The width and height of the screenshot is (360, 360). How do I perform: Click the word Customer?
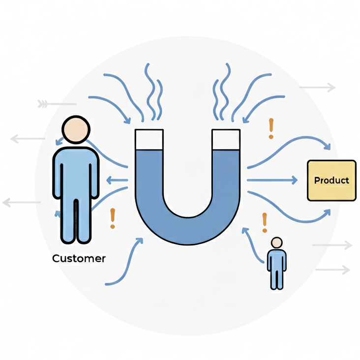[79, 258]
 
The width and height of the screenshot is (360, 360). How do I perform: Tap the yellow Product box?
[331, 180]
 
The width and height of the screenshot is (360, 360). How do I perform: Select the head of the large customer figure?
[76, 129]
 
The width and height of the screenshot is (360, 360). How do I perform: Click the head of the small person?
[277, 242]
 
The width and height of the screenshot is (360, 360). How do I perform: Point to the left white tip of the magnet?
[149, 139]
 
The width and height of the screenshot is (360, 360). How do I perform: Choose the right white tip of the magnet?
[226, 139]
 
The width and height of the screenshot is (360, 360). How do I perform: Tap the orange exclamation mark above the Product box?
[270, 128]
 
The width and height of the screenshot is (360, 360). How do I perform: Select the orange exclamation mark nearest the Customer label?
[113, 218]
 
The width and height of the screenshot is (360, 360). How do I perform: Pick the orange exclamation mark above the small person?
[265, 222]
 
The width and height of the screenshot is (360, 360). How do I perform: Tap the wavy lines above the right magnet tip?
[222, 93]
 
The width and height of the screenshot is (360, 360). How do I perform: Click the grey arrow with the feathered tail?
[57, 104]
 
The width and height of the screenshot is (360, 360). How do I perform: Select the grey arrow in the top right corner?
[317, 88]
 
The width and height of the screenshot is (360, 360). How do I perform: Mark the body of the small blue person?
[276, 266]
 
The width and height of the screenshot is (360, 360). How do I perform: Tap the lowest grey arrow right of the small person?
[332, 270]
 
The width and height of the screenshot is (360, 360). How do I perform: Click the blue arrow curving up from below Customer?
[125, 266]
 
